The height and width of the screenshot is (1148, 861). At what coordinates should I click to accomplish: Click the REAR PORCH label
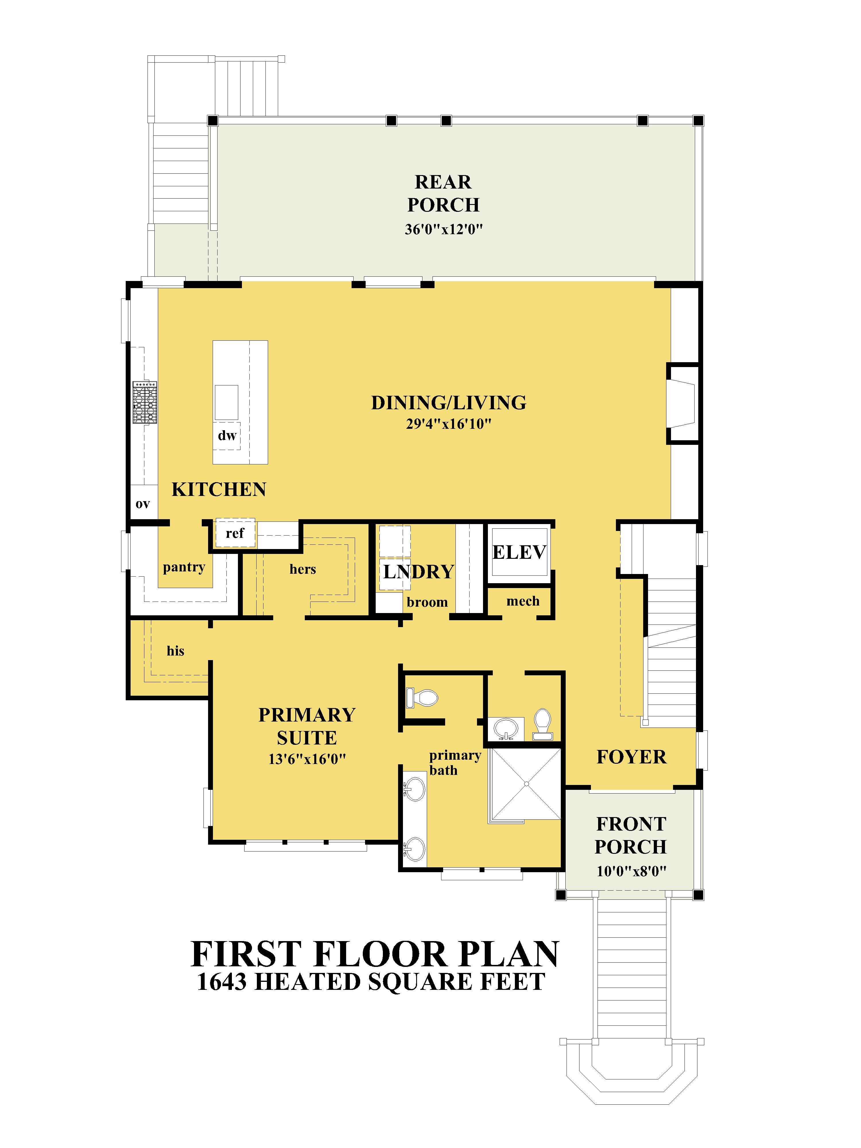click(443, 194)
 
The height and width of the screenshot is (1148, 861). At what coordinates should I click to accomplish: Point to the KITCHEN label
click(219, 489)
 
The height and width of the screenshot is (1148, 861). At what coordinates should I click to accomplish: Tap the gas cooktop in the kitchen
click(145, 402)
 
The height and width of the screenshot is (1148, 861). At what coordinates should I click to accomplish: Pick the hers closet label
click(302, 569)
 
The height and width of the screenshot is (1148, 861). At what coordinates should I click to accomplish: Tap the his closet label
click(175, 651)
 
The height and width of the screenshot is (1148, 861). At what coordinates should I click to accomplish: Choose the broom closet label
click(427, 602)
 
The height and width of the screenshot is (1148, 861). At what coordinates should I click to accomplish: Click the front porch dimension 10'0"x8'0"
click(631, 871)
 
